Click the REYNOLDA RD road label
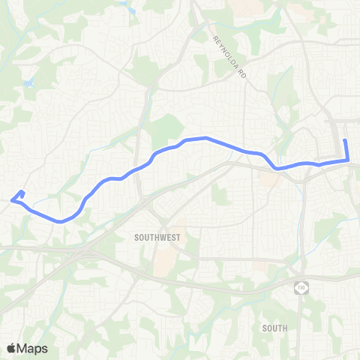click(x=229, y=58)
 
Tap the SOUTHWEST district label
click(x=157, y=235)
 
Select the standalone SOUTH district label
click(x=275, y=328)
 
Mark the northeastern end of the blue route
click(x=345, y=141)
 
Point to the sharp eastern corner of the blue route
click(x=348, y=160)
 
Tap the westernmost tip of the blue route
click(x=10, y=199)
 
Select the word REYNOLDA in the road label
click(x=226, y=52)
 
